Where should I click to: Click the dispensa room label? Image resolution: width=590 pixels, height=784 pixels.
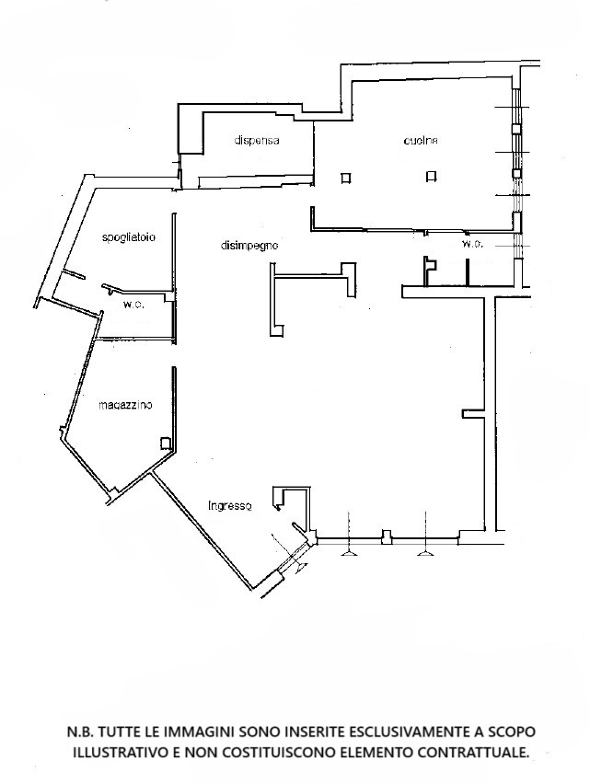tap(257, 141)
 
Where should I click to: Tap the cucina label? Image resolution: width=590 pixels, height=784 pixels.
tap(421, 141)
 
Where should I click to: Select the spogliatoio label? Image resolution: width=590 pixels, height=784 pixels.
tap(129, 237)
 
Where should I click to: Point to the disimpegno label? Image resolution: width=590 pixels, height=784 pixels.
tap(249, 246)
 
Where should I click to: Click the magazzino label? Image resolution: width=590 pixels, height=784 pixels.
tap(125, 405)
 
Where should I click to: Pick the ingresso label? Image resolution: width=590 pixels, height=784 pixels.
tap(229, 506)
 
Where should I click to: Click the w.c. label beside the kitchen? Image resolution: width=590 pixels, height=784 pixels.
tap(472, 245)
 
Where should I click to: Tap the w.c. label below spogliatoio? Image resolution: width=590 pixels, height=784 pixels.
tap(133, 305)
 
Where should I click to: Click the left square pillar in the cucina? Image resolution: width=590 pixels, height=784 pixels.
tap(345, 178)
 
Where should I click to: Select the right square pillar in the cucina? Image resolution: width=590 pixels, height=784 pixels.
tap(432, 177)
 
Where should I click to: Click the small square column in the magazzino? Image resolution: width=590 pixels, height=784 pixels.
tap(165, 443)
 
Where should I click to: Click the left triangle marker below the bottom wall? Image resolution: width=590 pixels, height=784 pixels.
tap(349, 552)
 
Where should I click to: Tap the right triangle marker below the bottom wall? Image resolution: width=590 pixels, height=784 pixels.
tap(425, 552)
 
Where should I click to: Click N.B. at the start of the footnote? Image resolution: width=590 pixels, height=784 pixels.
tap(80, 732)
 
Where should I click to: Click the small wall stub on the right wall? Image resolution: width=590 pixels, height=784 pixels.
tap(472, 413)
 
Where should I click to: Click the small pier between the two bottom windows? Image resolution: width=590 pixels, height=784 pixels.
tap(387, 536)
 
